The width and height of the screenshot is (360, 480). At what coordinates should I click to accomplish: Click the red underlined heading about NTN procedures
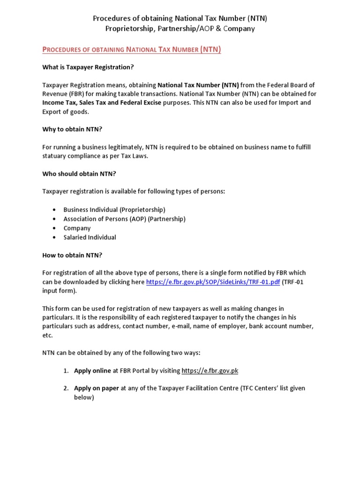click(132, 49)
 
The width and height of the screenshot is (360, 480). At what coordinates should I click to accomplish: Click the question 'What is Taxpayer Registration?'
click(88, 67)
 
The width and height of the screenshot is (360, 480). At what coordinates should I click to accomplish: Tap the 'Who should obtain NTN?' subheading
click(79, 174)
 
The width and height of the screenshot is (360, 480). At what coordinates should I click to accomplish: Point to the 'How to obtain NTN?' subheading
click(72, 255)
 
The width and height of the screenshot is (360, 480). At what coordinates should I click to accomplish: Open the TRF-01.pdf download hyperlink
click(213, 282)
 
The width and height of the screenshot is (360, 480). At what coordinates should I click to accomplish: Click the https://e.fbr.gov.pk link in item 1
click(210, 370)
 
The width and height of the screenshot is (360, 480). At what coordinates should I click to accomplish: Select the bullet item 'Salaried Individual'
click(90, 237)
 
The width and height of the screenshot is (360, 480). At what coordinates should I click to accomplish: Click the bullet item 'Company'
click(77, 228)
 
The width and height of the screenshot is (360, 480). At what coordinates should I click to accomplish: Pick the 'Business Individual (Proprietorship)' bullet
click(114, 210)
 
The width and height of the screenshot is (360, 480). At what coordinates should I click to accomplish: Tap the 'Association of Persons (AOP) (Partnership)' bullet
click(124, 219)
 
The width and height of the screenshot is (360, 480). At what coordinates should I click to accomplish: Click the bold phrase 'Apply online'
click(92, 370)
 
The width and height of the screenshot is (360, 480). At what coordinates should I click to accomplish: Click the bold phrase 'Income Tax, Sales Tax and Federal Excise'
click(102, 103)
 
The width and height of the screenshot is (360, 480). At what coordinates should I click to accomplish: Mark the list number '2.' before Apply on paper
click(66, 388)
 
